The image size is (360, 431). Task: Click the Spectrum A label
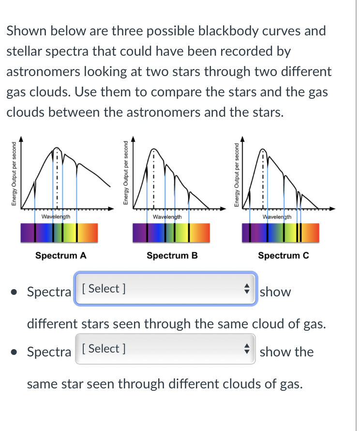click(61, 255)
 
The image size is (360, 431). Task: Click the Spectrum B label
click(172, 255)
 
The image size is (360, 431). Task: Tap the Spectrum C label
click(284, 255)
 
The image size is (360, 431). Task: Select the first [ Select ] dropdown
click(165, 289)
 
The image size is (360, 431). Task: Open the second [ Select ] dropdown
click(165, 349)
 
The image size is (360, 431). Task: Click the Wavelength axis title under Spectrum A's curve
click(56, 216)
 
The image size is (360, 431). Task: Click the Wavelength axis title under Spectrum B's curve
click(167, 216)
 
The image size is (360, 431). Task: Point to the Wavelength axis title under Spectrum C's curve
click(277, 216)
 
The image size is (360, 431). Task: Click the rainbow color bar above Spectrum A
click(59, 233)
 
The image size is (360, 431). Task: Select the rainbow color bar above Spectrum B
click(172, 233)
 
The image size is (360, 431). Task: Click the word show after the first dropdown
click(275, 292)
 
